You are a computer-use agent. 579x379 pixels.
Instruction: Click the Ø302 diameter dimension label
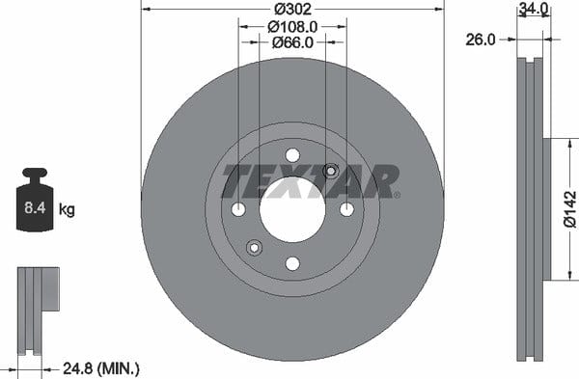[x=293, y=9]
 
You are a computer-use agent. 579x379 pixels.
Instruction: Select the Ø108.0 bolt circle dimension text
[x=292, y=27]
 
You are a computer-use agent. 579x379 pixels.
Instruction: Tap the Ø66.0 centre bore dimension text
[x=292, y=42]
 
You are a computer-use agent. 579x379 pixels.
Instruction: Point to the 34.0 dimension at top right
[x=534, y=9]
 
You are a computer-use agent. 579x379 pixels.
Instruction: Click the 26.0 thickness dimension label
[x=480, y=40]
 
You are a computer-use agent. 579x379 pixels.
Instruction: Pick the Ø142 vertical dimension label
[x=570, y=209]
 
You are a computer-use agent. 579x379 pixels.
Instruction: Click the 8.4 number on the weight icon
[x=35, y=208]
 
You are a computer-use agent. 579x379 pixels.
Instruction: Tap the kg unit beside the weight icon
[x=67, y=209]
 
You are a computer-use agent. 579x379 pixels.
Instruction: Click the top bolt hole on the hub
[x=292, y=155]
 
